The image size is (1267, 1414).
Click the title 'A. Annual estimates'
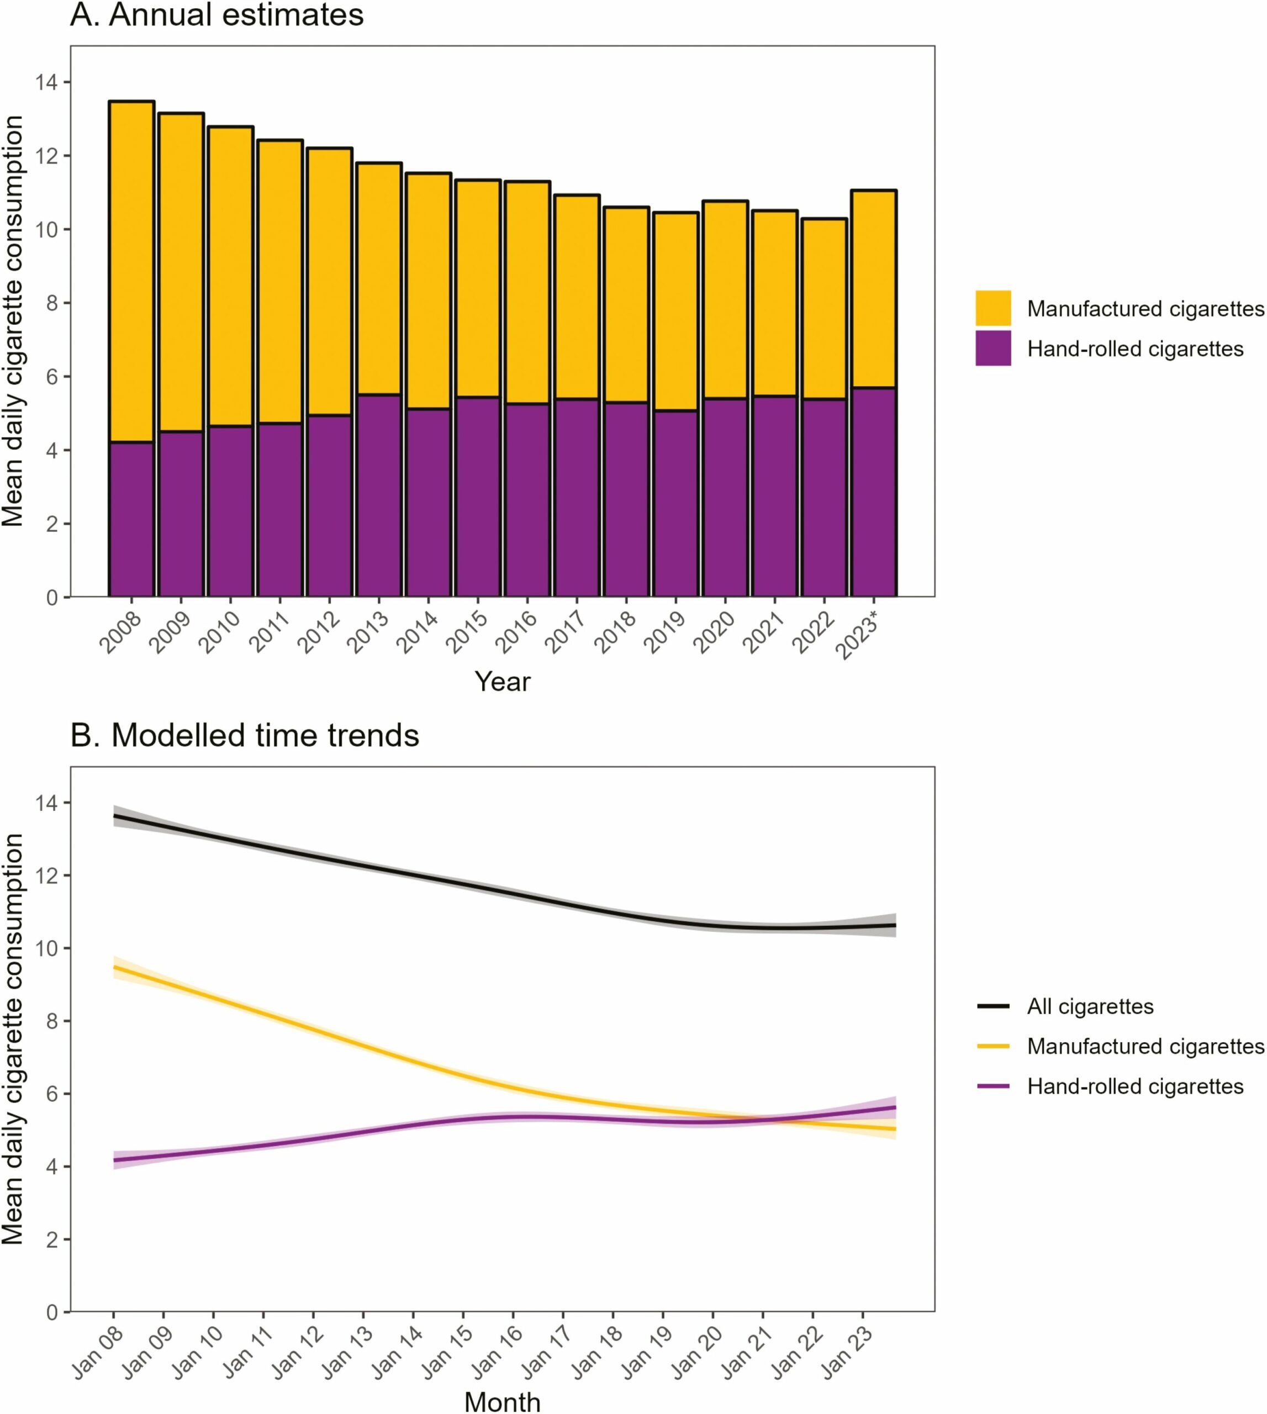tap(217, 15)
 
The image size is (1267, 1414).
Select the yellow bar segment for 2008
tap(131, 272)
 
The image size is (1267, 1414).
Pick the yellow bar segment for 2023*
tap(874, 289)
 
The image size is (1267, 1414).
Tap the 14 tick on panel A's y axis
tap(47, 83)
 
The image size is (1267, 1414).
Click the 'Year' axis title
tap(502, 682)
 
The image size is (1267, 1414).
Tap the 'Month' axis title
tap(502, 1401)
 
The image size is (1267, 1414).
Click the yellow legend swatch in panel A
tap(993, 308)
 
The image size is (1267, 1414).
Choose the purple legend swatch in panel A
tap(993, 348)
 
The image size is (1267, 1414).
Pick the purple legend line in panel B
tap(993, 1086)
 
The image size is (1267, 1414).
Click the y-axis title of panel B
tap(14, 1040)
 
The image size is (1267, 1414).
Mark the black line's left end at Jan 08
tap(115, 816)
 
